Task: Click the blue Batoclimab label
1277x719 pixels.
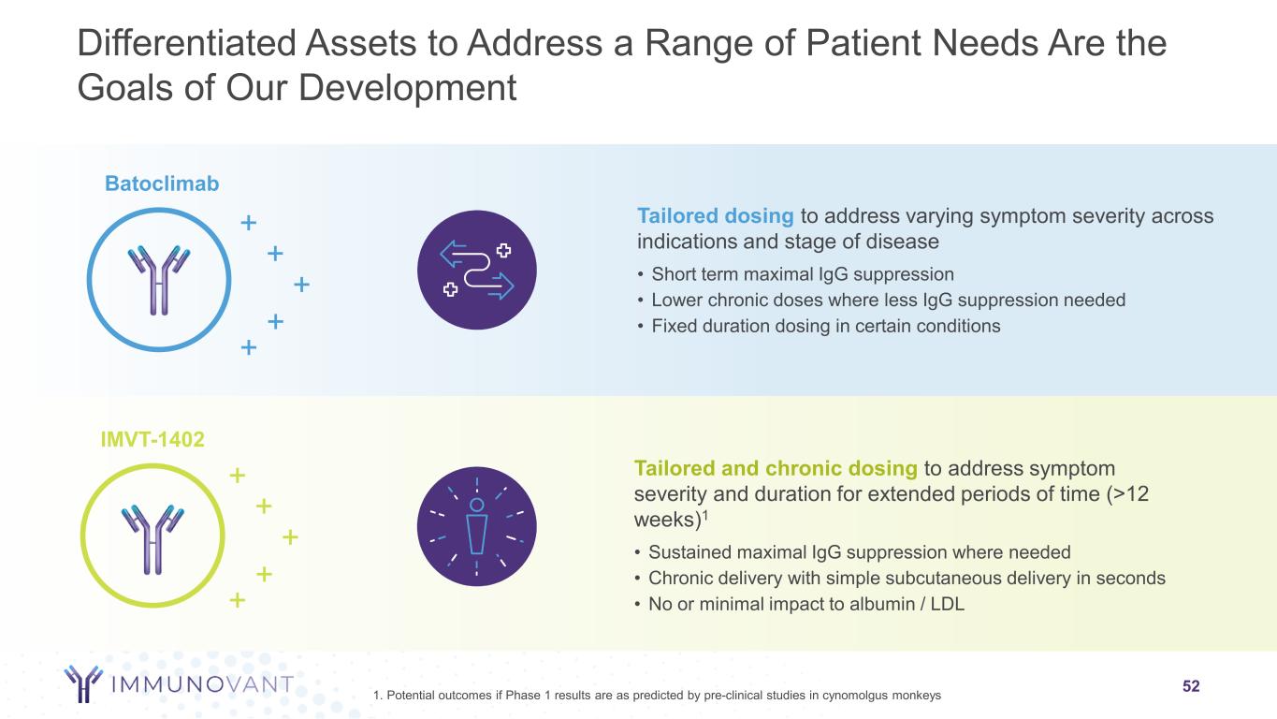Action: [162, 183]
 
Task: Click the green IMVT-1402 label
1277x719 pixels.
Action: [152, 439]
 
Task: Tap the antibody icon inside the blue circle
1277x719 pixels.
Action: [158, 280]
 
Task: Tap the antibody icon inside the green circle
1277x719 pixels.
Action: [152, 538]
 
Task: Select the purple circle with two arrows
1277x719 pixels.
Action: [476, 270]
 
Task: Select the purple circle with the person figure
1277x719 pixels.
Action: [476, 526]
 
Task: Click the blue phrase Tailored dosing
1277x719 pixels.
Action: [715, 215]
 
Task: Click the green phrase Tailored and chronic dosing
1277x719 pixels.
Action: [776, 468]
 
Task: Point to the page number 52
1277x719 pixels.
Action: [1191, 686]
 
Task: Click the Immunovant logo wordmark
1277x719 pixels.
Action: [202, 683]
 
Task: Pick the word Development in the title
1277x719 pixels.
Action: [408, 88]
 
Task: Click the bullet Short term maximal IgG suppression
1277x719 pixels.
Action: [802, 274]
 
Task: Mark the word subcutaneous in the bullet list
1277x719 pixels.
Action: [943, 578]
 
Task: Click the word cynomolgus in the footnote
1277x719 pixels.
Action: [843, 695]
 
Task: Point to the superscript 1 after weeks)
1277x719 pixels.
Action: [704, 514]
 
